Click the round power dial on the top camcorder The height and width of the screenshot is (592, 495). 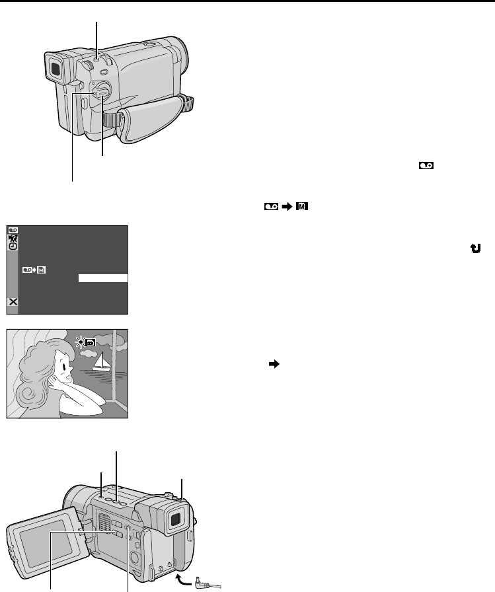coord(101,91)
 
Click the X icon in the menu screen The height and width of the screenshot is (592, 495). coord(13,302)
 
